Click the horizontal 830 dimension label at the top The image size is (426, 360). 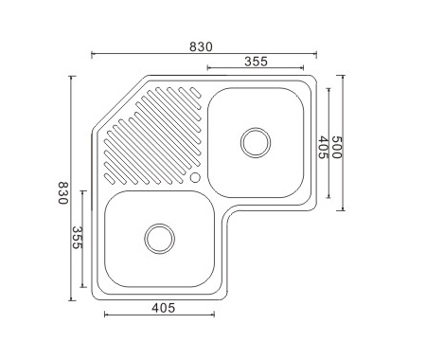pyautogui.click(x=201, y=46)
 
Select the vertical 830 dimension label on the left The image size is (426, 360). pyautogui.click(x=63, y=193)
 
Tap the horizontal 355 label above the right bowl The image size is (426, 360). pyautogui.click(x=256, y=62)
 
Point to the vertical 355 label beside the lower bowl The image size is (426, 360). pyautogui.click(x=78, y=238)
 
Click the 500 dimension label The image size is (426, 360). pyautogui.click(x=337, y=147)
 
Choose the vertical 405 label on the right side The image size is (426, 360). pyautogui.click(x=323, y=147)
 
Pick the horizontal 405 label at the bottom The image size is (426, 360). pyautogui.click(x=163, y=308)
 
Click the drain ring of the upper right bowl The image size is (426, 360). pyautogui.click(x=256, y=143)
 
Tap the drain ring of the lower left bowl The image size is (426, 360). pyautogui.click(x=160, y=239)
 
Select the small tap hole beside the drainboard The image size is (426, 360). pyautogui.click(x=195, y=177)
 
